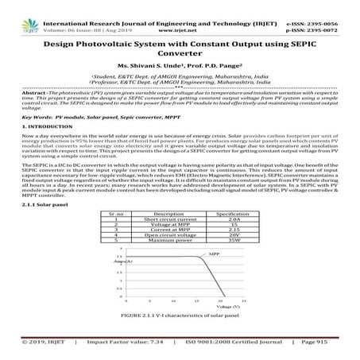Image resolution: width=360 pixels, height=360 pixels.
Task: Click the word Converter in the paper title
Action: tap(180, 55)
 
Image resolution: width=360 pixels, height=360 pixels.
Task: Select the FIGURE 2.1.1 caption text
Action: tap(180, 317)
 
